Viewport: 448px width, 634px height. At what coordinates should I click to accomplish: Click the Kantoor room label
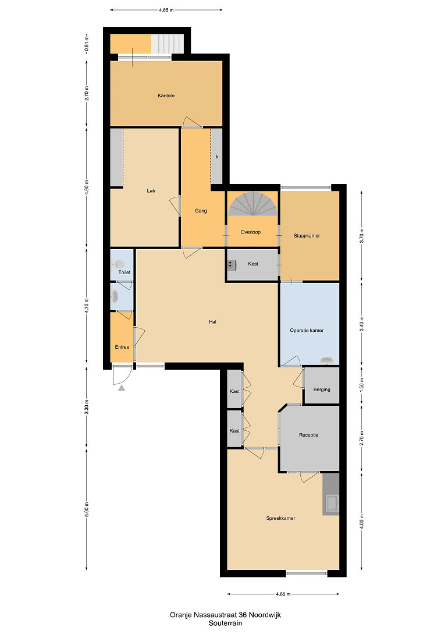coord(166,96)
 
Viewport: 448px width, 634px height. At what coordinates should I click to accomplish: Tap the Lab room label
coord(151,190)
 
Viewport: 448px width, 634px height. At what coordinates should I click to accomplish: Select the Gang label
coord(201,211)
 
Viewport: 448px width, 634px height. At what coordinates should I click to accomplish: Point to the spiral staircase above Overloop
coord(253,204)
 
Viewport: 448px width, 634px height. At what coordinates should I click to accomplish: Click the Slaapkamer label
coord(307,236)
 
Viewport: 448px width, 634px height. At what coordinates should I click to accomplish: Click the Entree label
coord(122,347)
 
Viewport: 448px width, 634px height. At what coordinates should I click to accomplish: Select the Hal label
coord(212,322)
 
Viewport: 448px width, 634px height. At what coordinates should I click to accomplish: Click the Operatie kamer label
coord(307,330)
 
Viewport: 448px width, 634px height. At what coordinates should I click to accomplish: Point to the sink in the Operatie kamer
coord(326,360)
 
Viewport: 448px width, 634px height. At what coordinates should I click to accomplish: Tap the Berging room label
coord(322,389)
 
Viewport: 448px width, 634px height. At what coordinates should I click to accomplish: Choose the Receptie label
coord(308,435)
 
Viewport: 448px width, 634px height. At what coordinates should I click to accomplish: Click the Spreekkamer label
coord(280,518)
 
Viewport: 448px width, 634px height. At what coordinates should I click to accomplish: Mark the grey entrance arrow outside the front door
coord(122,388)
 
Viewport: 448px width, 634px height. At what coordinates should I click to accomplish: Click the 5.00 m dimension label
coord(87,509)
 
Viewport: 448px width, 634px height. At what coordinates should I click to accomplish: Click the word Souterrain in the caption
coord(225,623)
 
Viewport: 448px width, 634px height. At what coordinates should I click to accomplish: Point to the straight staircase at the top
coord(167,44)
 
